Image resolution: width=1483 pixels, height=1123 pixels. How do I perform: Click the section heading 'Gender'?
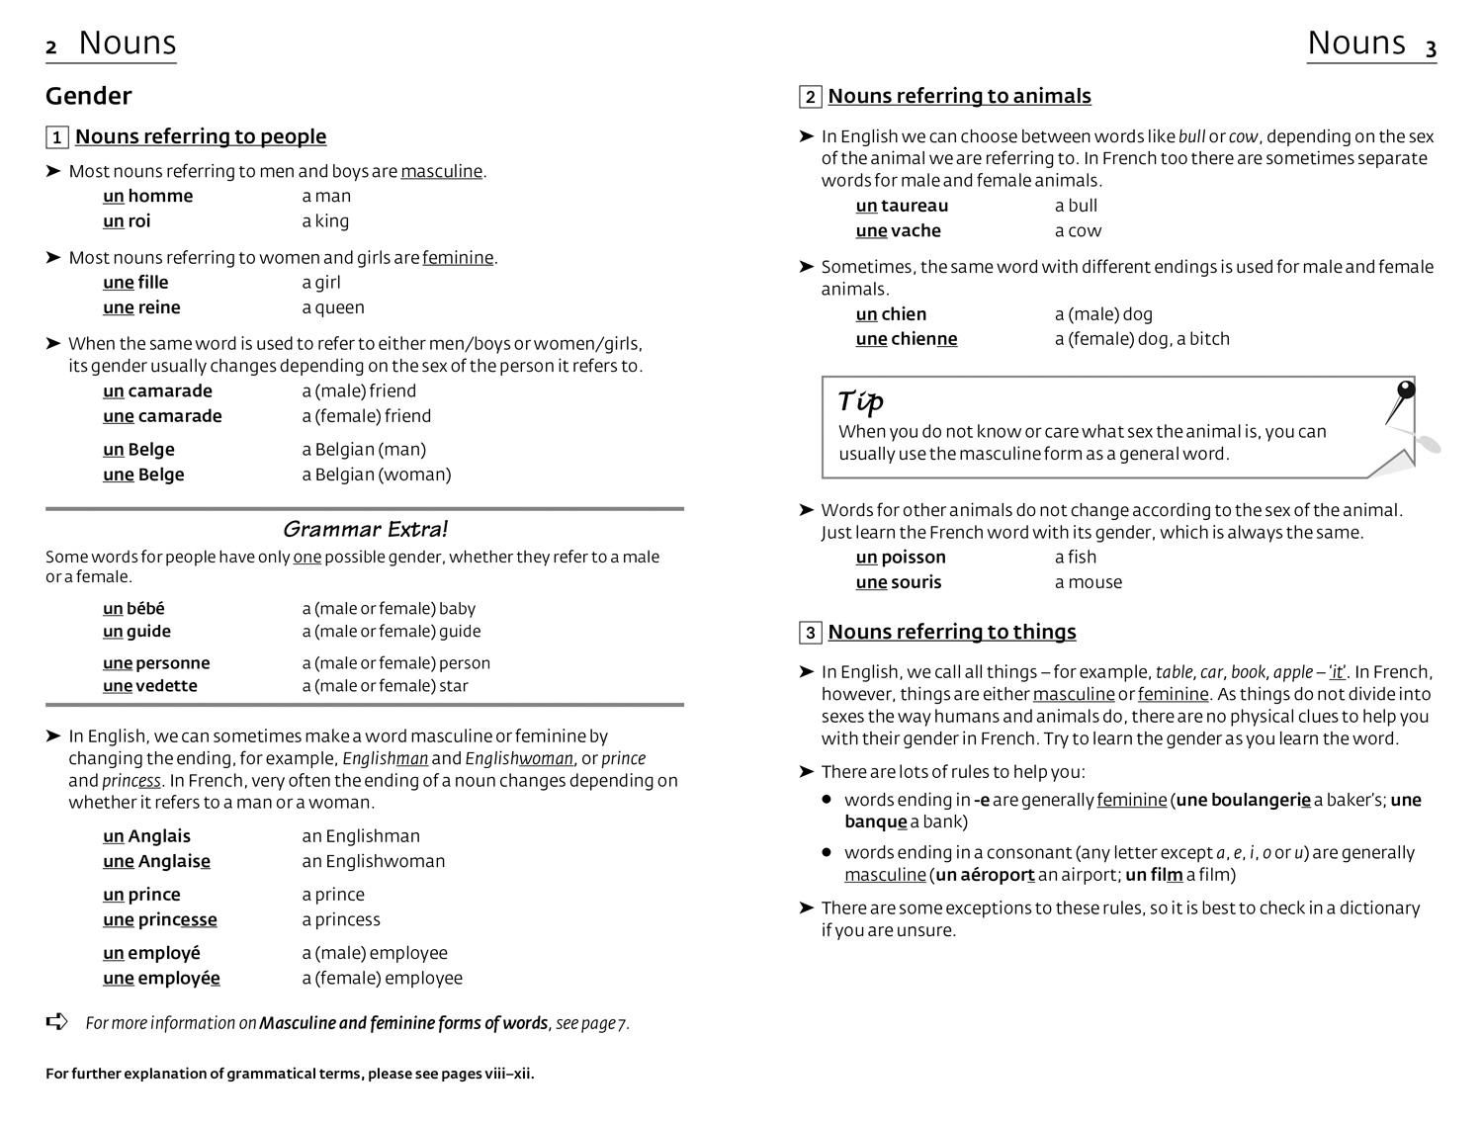[88, 96]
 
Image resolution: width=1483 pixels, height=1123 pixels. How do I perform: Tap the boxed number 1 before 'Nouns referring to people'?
[57, 137]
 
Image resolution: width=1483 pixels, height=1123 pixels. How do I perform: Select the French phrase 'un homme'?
[147, 196]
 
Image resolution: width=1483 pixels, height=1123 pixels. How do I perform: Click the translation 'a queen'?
[333, 307]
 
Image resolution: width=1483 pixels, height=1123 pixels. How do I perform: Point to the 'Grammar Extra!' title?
[365, 529]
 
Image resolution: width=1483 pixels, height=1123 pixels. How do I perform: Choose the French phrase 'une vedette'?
[149, 686]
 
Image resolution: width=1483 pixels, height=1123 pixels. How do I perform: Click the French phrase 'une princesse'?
[159, 919]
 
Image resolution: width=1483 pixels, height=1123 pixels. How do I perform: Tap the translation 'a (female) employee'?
[382, 978]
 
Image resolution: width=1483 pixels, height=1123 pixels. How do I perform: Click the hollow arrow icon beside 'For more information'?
[57, 1021]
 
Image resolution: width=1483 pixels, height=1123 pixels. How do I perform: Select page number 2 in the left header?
[51, 47]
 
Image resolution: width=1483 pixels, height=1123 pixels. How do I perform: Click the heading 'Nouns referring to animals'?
[959, 96]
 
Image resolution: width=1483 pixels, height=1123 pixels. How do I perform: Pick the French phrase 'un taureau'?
[902, 206]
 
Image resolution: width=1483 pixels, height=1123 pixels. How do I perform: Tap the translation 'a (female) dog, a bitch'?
[1142, 339]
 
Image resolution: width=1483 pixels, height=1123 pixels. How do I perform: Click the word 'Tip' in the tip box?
[860, 401]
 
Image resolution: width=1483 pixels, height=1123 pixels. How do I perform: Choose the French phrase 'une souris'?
[898, 582]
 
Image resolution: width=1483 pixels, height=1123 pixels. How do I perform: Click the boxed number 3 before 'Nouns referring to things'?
[810, 633]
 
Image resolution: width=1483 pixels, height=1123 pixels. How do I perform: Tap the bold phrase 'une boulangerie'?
[1243, 800]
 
